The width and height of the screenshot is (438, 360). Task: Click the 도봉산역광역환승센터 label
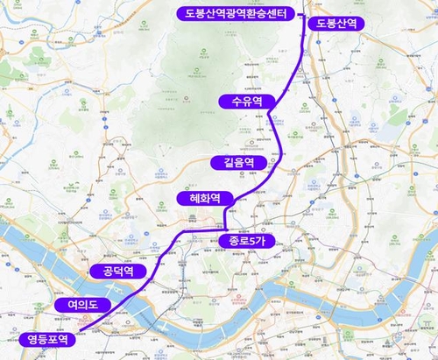[234, 13]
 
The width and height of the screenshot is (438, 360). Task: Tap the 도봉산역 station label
[336, 23]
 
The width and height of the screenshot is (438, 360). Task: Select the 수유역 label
[243, 102]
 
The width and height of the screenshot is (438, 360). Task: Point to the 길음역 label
[238, 162]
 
